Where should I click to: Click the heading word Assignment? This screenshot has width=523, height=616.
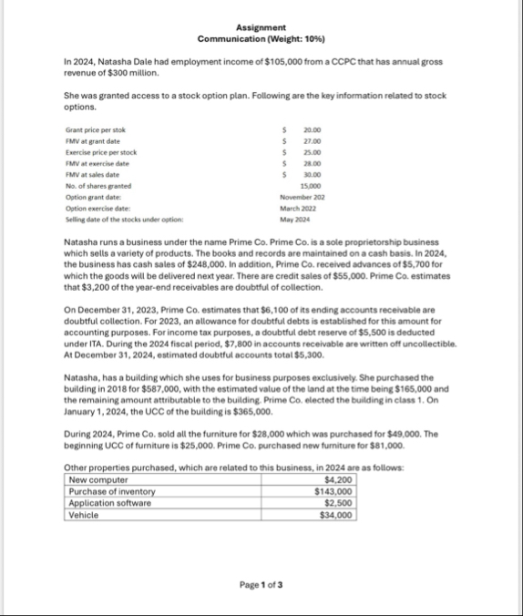click(261, 28)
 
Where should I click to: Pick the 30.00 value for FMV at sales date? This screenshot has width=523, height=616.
click(313, 174)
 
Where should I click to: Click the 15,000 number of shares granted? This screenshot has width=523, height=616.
click(313, 185)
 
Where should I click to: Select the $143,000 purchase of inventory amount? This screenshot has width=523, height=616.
click(333, 492)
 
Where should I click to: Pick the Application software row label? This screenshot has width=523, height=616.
click(108, 503)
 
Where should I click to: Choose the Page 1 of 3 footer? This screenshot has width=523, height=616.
click(261, 584)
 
